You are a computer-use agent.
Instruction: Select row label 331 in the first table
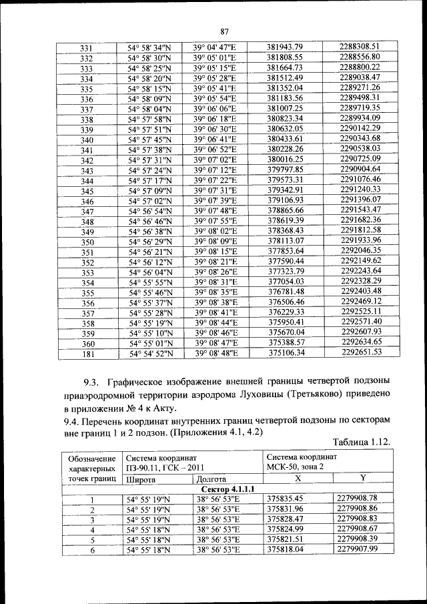(86, 47)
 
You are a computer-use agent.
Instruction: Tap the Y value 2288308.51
(360, 46)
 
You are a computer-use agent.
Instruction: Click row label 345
(87, 192)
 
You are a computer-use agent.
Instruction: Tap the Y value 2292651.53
(361, 352)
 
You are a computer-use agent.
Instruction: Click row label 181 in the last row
(87, 353)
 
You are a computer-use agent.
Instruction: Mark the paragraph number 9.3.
(91, 381)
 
